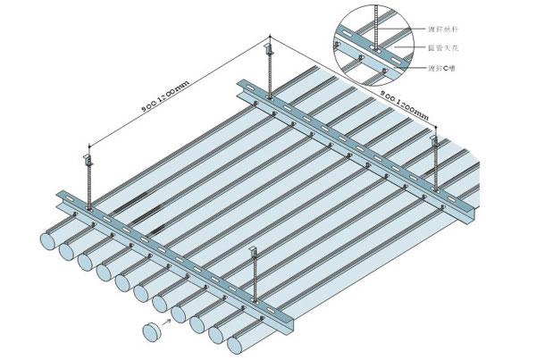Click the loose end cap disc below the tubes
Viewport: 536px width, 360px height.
coord(152,331)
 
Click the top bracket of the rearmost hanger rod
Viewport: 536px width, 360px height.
coord(272,42)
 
